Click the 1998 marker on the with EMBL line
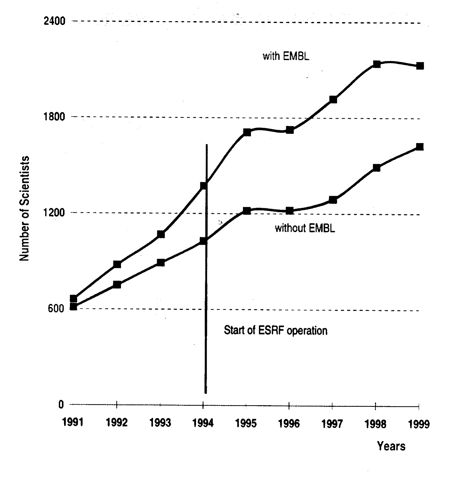(x=376, y=64)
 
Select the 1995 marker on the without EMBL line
(x=247, y=211)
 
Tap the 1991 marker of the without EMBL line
(x=74, y=306)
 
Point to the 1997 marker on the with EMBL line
(x=333, y=100)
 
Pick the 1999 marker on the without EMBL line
(x=420, y=147)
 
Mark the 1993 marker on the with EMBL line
(x=161, y=234)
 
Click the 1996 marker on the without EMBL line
(x=290, y=211)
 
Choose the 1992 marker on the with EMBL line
(x=117, y=264)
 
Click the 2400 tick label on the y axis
(x=54, y=21)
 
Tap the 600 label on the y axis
(x=56, y=308)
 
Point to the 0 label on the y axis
(x=61, y=404)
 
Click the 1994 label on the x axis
(x=203, y=423)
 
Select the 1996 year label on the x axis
(x=289, y=424)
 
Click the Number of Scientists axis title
(x=25, y=208)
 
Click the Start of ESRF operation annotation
(x=276, y=331)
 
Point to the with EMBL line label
(x=286, y=56)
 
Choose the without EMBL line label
(x=305, y=228)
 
